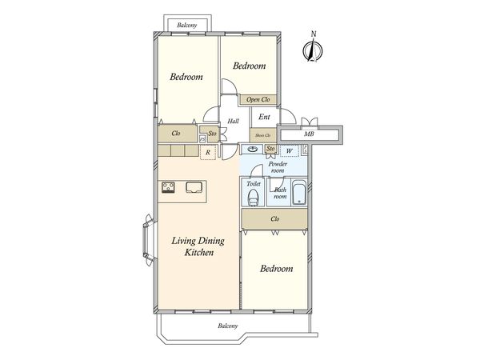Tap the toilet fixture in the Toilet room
(253, 198)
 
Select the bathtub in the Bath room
(299, 192)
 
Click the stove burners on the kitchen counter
(168, 188)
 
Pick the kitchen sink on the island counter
(193, 187)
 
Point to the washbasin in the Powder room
(252, 150)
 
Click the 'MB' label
(309, 134)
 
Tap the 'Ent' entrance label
(264, 117)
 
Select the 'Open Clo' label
(258, 99)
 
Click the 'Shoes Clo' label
(263, 135)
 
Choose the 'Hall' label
(234, 122)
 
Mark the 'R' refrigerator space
(208, 153)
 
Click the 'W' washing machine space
(290, 150)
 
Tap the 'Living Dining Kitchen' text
(198, 246)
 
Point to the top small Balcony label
(187, 25)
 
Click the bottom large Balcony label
(228, 326)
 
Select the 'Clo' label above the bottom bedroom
(275, 219)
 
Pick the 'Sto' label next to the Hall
(213, 134)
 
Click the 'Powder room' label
(278, 167)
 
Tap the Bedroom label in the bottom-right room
(277, 269)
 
